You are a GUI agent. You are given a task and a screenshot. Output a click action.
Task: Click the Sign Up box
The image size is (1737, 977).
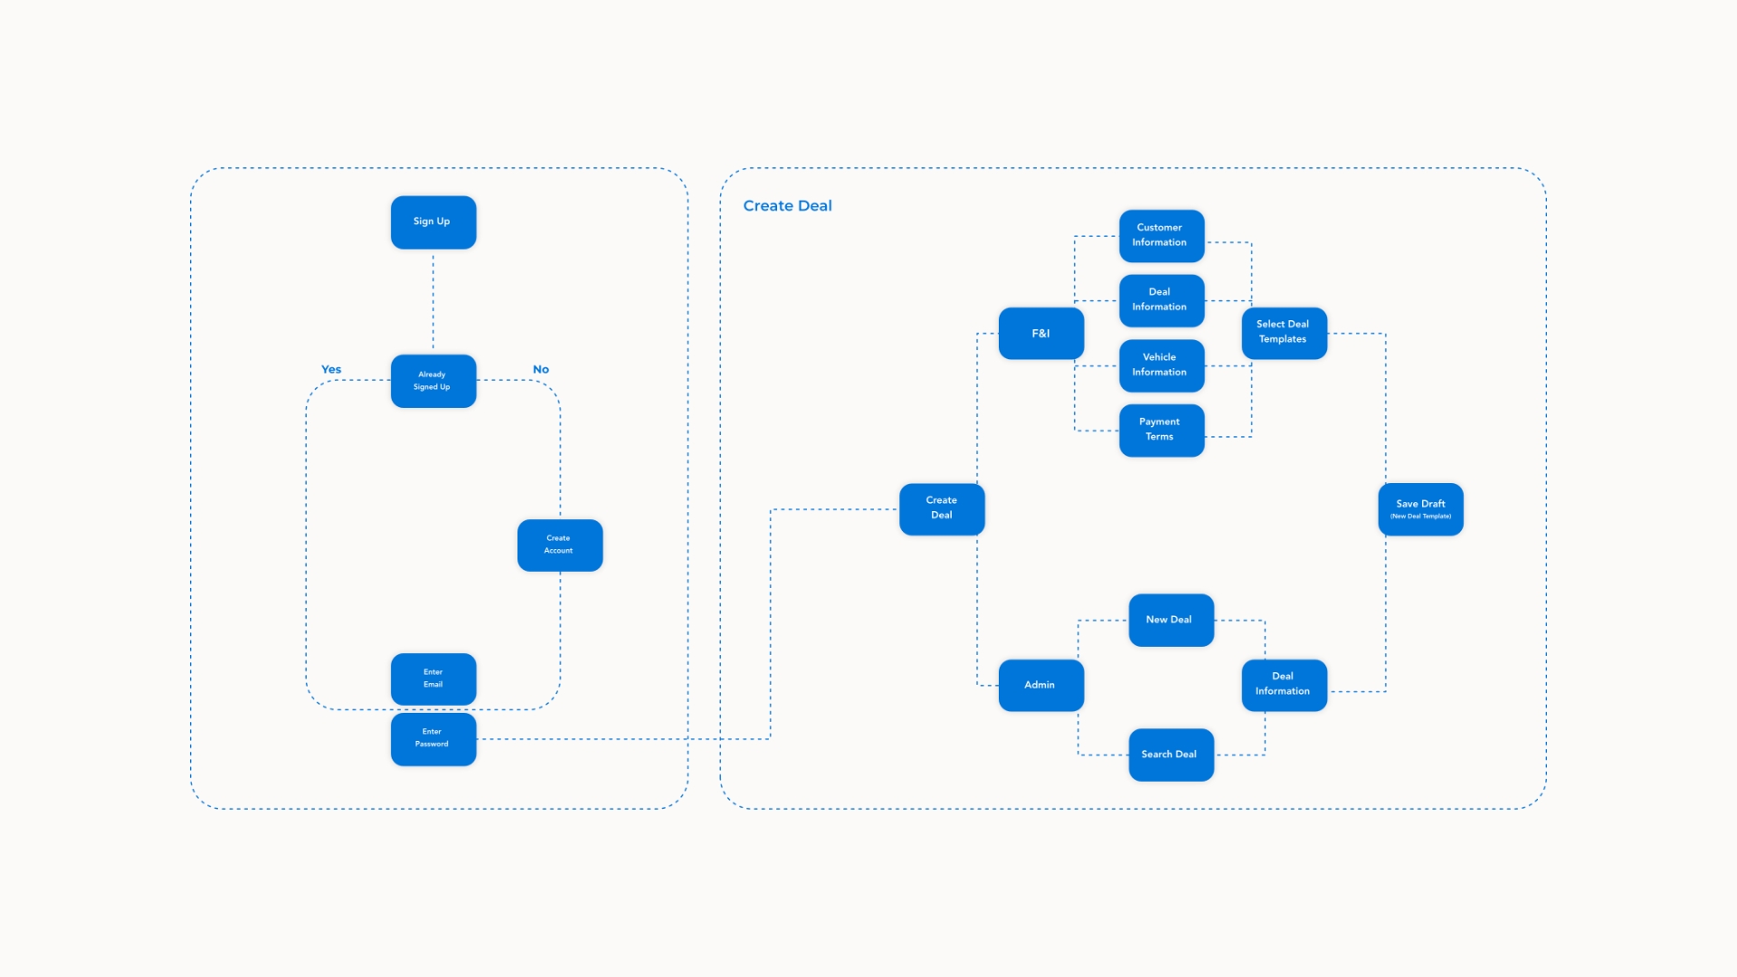coord(433,222)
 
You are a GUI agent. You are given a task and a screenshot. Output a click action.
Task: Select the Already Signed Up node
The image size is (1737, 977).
coord(433,381)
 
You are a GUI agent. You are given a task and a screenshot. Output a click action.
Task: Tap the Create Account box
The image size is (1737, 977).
coord(560,545)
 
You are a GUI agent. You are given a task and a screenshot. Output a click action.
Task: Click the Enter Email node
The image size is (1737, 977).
coord(433,678)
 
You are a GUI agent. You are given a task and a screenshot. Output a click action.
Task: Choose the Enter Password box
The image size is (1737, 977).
coord(433,739)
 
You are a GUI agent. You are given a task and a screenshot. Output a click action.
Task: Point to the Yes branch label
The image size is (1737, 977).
coord(331,369)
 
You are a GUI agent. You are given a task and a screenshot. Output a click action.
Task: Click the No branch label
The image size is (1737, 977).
coord(541,369)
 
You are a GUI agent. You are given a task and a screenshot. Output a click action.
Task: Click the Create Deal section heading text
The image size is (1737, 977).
coord(787,205)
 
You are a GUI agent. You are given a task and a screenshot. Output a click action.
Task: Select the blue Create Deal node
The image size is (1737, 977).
coord(942,509)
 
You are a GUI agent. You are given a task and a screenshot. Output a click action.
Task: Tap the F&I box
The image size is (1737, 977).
coord(1041,333)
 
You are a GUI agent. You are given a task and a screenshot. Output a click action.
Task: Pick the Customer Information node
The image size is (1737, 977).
coord(1162,236)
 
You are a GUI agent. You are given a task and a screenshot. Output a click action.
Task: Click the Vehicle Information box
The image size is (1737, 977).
coord(1162,365)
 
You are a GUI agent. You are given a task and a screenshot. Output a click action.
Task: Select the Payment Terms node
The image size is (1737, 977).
coord(1162,431)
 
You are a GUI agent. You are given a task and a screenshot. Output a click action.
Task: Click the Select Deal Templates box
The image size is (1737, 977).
coord(1285,333)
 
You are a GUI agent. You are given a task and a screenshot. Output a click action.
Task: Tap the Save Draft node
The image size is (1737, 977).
coord(1420,509)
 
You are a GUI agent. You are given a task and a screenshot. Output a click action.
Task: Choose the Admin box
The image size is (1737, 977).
coord(1041,685)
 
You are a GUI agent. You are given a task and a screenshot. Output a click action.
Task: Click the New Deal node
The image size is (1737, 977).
coord(1172,620)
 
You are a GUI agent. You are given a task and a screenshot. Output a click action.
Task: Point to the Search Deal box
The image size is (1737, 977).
coord(1172,754)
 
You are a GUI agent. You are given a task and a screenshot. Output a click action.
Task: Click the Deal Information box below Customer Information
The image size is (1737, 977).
coord(1162,300)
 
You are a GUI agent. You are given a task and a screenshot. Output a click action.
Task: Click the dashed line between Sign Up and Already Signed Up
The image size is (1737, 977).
coord(433,302)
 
